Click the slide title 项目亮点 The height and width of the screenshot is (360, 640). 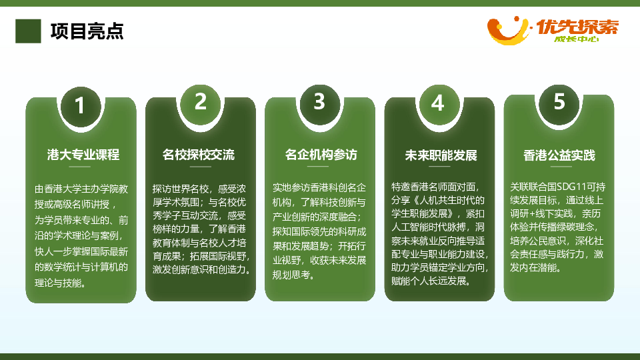pos(87,31)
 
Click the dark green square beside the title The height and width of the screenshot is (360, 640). pos(28,31)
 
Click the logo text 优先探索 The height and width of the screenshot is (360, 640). pos(577,27)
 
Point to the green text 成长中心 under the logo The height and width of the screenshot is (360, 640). pos(576,39)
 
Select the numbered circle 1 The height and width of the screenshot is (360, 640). pos(81,105)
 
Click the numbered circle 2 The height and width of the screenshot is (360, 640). pos(201,101)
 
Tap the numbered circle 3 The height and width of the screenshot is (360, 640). pos(319,101)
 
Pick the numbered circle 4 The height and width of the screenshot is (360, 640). pos(439,103)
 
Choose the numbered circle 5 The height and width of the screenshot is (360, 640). pos(559,101)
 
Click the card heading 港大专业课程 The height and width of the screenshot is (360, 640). pos(83,155)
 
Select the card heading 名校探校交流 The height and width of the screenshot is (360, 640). pos(199,155)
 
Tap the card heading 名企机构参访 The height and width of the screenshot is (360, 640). pos(321,155)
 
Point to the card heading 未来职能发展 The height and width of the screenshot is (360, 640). pos(441,155)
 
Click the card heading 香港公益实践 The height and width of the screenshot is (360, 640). pos(559,155)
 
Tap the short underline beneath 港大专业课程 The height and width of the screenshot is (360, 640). pos(79,167)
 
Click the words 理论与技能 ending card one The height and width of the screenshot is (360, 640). pos(58,283)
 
